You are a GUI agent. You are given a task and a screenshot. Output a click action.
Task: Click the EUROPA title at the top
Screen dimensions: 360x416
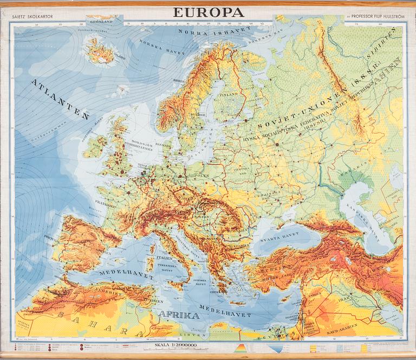209,12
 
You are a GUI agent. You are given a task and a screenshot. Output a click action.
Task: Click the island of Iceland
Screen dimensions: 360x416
101,52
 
